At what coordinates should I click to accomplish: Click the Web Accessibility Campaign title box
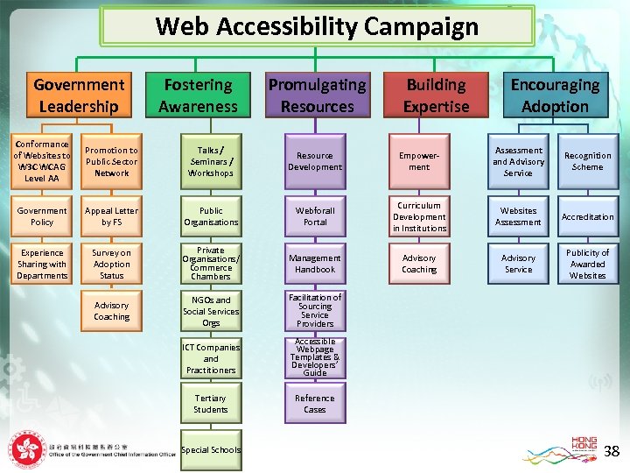click(x=317, y=26)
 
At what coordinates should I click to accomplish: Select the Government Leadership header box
click(x=79, y=95)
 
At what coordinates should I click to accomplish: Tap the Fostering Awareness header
click(x=198, y=95)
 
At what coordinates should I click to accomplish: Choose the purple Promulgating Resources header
click(x=317, y=95)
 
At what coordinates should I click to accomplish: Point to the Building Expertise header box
click(x=436, y=95)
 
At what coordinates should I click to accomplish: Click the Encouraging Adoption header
click(x=555, y=95)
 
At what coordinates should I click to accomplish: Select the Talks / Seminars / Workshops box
click(x=211, y=162)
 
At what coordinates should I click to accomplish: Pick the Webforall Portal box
click(x=315, y=216)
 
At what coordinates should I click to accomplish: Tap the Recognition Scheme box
click(x=587, y=162)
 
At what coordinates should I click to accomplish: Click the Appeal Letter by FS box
click(x=111, y=216)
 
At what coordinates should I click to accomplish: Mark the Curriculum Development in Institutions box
click(x=419, y=216)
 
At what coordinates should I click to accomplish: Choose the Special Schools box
click(x=211, y=450)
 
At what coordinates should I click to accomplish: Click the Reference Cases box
click(x=315, y=404)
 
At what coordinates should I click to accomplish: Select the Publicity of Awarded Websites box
click(x=587, y=264)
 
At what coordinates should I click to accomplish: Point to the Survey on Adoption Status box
click(x=111, y=264)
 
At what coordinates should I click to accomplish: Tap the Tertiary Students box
click(x=211, y=404)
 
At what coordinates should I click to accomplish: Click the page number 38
click(x=612, y=451)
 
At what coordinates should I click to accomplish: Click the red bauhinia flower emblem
click(x=26, y=450)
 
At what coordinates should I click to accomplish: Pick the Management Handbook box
click(x=315, y=264)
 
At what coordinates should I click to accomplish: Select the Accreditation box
click(x=587, y=216)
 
